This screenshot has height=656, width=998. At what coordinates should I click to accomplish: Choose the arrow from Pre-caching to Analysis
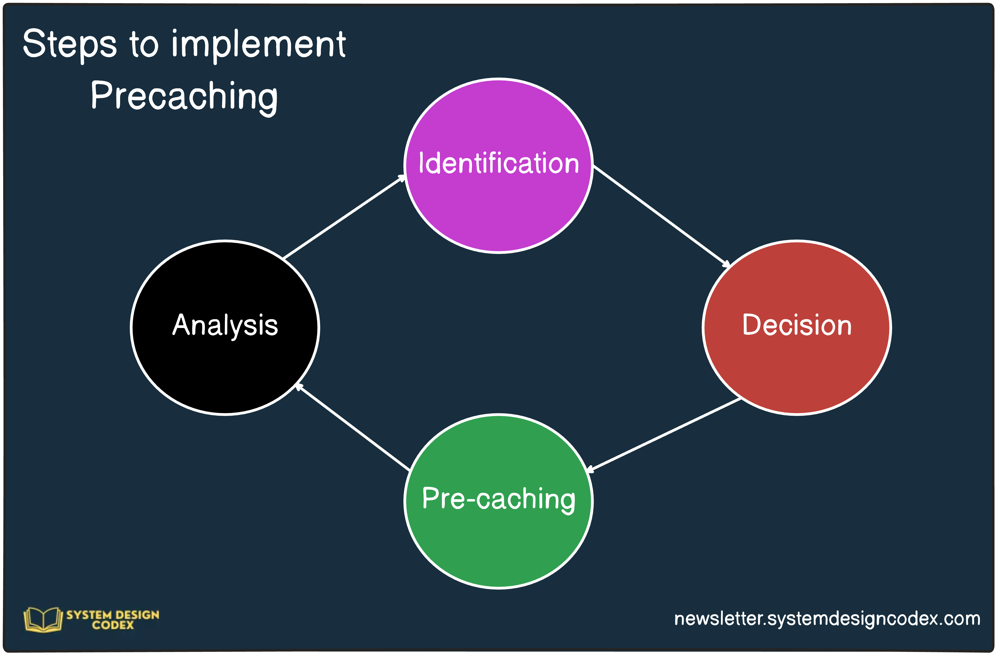(x=352, y=427)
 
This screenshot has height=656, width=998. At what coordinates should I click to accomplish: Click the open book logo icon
(x=43, y=619)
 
